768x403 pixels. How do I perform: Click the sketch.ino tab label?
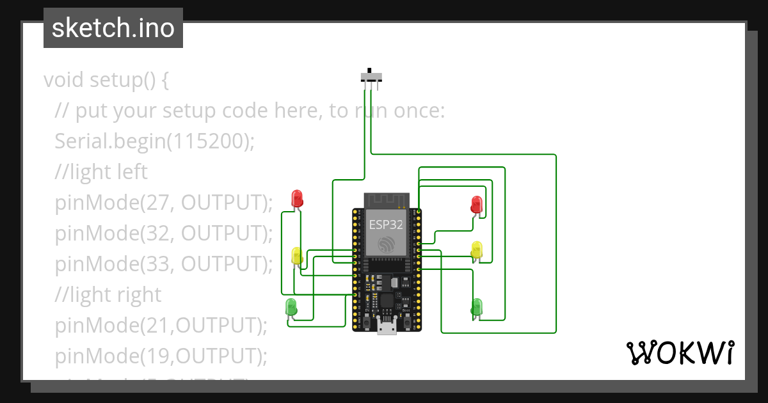[113, 28]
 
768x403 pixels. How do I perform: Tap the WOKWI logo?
[680, 353]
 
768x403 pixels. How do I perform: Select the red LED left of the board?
[296, 198]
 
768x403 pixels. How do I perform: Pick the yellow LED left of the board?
[296, 255]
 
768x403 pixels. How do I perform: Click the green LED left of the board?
[291, 306]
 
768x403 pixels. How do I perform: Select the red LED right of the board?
[476, 205]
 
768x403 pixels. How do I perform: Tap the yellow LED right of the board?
[476, 249]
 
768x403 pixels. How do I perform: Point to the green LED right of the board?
[476, 306]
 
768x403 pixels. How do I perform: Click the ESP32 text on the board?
[386, 224]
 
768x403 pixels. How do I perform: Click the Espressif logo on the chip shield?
[387, 245]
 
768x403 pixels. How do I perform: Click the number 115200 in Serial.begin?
[207, 141]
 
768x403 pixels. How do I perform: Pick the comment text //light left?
[101, 171]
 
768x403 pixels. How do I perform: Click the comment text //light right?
[108, 294]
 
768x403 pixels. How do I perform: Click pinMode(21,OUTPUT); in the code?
[161, 325]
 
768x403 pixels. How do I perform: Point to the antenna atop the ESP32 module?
[386, 200]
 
